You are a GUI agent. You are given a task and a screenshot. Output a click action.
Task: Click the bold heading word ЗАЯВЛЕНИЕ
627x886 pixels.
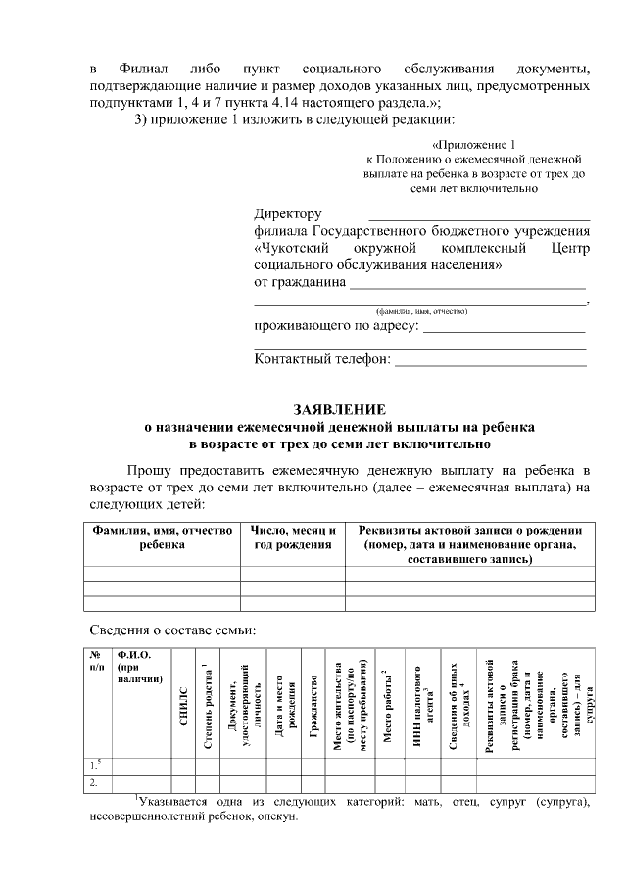[x=340, y=408]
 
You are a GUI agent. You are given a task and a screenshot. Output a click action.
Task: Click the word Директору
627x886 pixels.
[x=287, y=213]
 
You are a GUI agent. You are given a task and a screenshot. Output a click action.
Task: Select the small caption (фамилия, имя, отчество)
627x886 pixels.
[x=420, y=310]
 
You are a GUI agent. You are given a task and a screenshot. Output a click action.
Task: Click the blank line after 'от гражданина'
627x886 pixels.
[x=467, y=285]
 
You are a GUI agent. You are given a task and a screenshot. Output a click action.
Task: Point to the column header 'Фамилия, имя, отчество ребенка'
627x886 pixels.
[x=162, y=537]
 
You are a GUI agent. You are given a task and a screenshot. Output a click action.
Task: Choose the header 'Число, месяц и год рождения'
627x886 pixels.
[x=293, y=537]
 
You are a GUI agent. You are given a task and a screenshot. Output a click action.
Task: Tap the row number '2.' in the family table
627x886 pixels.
[x=94, y=782]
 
